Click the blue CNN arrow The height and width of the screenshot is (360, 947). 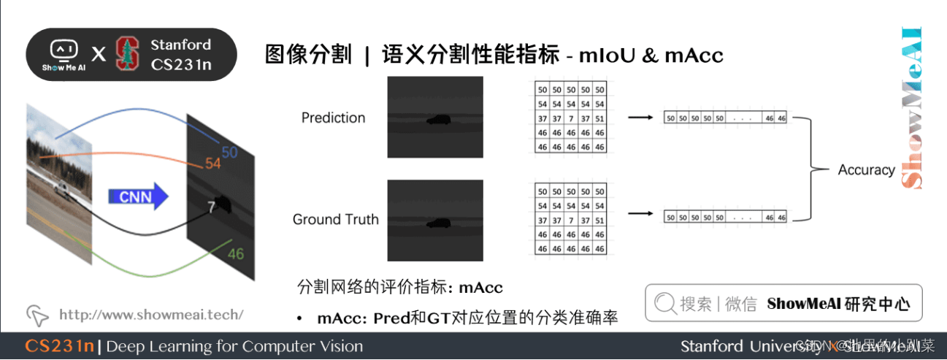coord(138,196)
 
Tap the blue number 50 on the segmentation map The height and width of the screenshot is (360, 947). coord(229,153)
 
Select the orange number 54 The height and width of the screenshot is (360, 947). coord(212,164)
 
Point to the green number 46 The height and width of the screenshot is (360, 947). coord(235,254)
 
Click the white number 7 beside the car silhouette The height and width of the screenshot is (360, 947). coord(211,207)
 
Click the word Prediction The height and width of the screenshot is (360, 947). coord(333,118)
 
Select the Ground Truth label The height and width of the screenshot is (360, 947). coord(335,219)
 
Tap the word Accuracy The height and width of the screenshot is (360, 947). coord(866,169)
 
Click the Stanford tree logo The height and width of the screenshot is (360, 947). coord(127,54)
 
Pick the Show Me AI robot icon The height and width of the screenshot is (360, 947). coord(63,50)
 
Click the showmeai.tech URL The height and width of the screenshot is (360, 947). coord(150,315)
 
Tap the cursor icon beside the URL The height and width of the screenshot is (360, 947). coord(37,315)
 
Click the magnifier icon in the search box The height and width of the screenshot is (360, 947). coord(665,303)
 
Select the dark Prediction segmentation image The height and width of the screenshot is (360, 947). coord(435,117)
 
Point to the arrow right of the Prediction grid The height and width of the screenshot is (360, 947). coord(639,117)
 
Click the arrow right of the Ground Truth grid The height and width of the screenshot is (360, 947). coord(639,214)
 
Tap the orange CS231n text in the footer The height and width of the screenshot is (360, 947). coord(59,346)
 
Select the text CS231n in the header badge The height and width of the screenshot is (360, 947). coord(181,64)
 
